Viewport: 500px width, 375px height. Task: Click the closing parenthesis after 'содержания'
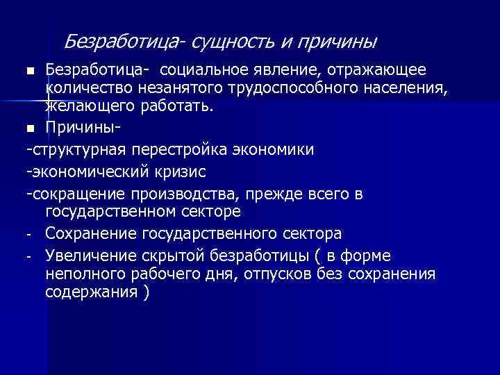[145, 292]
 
